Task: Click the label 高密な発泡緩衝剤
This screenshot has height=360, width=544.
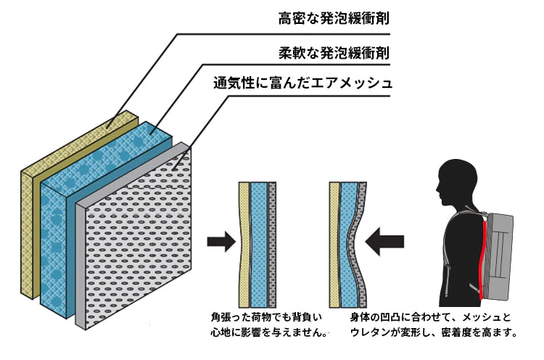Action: (334, 18)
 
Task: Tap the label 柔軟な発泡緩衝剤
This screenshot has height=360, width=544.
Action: (334, 53)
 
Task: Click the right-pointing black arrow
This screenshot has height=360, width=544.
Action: (220, 242)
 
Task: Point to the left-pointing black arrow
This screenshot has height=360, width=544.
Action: (385, 242)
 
